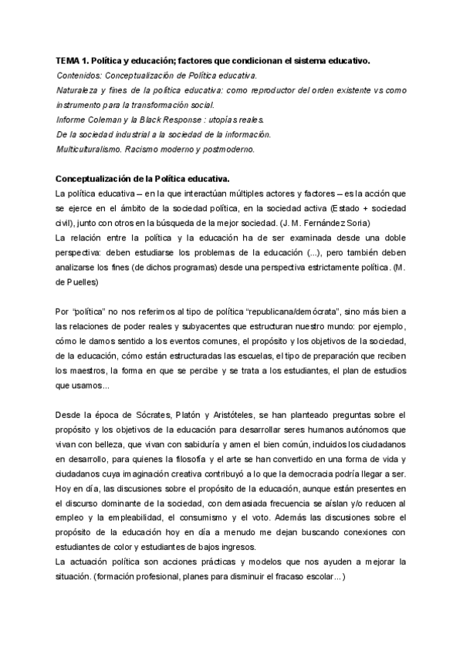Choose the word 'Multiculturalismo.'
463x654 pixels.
(90, 149)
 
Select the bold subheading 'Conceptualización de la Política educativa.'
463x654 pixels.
(144, 178)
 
